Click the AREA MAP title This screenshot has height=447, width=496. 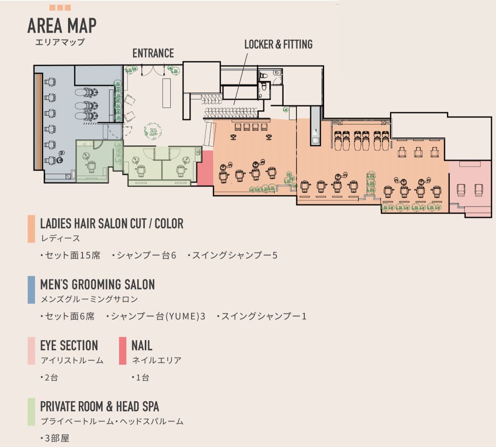click(x=61, y=26)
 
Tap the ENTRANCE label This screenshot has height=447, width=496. click(x=153, y=53)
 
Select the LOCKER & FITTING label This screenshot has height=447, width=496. click(x=278, y=44)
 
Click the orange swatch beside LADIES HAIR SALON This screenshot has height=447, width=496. click(x=31, y=229)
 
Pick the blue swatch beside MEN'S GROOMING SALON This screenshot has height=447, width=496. click(x=31, y=289)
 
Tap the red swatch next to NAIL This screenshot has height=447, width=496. click(x=123, y=351)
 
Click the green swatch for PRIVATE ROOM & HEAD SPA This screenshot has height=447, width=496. click(x=31, y=412)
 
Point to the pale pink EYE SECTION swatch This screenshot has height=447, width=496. click(x=31, y=351)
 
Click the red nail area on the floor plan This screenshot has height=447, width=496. click(x=205, y=167)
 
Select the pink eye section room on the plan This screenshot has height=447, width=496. click(x=469, y=186)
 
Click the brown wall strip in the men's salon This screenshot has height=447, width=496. click(x=38, y=119)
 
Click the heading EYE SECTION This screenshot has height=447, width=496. click(x=69, y=345)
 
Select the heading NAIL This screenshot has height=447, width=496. click(x=142, y=345)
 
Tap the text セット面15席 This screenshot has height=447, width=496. click(x=70, y=255)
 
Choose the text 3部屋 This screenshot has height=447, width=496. click(x=55, y=439)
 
